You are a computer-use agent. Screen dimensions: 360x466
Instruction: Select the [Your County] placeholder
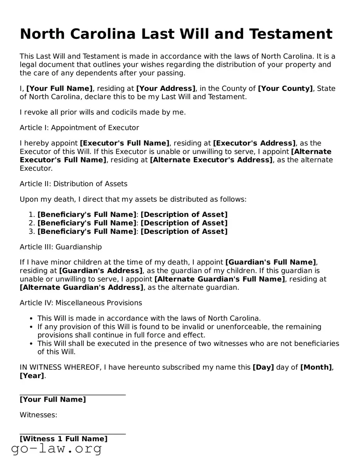[285, 88]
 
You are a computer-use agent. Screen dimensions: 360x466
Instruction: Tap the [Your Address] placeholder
[166, 88]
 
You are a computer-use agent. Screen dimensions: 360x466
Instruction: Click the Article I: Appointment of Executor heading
[79, 128]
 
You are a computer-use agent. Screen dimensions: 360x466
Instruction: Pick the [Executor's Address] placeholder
[254, 143]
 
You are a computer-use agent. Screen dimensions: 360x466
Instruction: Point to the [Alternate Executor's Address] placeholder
[211, 160]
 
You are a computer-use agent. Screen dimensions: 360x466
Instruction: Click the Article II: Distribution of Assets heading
[73, 184]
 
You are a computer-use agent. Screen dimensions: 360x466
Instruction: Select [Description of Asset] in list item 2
[184, 223]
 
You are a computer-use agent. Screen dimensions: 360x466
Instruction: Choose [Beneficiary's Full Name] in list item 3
[87, 231]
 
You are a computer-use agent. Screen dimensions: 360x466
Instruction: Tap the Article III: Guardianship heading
[60, 247]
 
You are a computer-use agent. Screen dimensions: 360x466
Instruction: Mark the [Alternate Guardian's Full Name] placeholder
[220, 279]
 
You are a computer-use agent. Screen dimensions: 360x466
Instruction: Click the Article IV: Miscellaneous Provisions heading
[81, 303]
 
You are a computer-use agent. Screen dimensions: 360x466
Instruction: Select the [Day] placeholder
[263, 367]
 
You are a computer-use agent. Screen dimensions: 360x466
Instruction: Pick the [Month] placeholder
[316, 367]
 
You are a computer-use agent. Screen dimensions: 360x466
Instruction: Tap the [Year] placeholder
[31, 376]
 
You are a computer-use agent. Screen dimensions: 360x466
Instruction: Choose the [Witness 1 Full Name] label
[63, 439]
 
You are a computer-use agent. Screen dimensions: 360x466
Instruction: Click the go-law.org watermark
[56, 449]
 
